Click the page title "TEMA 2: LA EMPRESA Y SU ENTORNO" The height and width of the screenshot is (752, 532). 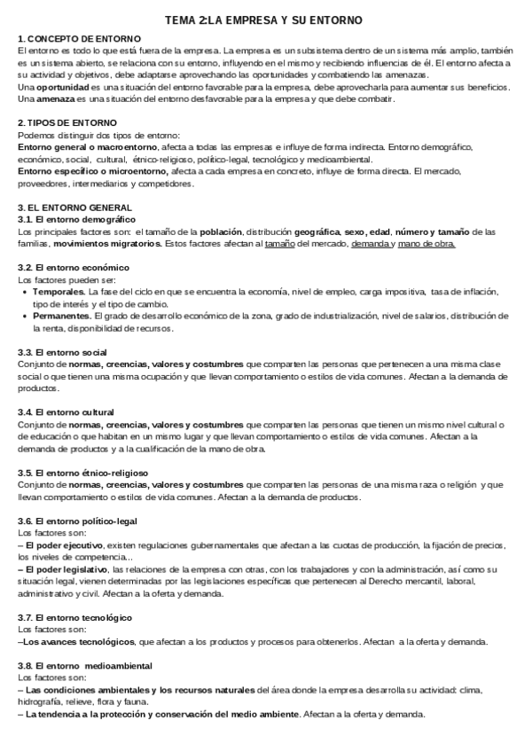[x=263, y=20]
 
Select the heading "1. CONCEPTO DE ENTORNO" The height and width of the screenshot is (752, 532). [x=80, y=39]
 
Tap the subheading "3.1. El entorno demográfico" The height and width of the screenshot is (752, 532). [x=77, y=218]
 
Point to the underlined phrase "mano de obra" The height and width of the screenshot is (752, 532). [x=428, y=243]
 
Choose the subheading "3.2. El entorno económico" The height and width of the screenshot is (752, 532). [x=74, y=267]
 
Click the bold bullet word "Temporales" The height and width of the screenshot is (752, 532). [x=60, y=291]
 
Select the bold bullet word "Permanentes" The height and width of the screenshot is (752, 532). [x=62, y=316]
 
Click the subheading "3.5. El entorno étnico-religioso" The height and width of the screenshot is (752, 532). [x=83, y=473]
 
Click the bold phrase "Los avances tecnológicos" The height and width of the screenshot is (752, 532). [x=76, y=641]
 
